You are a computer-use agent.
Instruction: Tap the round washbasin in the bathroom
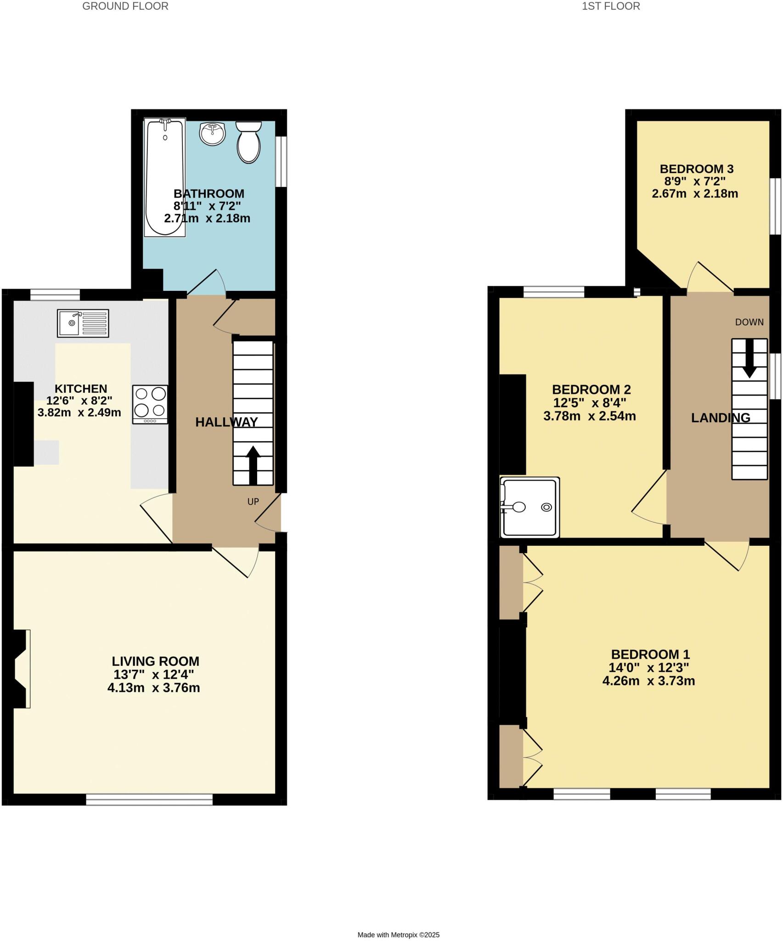(x=212, y=134)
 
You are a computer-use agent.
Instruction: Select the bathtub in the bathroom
(x=165, y=177)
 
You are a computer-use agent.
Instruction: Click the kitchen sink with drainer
(x=83, y=323)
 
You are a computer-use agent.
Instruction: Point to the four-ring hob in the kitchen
(x=150, y=404)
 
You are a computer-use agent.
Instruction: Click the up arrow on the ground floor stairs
(x=253, y=465)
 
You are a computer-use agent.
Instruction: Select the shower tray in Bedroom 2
(x=530, y=507)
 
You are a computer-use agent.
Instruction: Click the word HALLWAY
(x=226, y=422)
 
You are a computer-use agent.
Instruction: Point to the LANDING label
(x=721, y=418)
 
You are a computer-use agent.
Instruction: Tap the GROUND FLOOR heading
(x=125, y=6)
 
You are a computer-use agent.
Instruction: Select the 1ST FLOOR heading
(x=611, y=6)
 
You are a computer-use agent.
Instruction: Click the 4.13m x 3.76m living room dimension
(x=153, y=688)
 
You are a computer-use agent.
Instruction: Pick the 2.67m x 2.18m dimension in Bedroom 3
(x=695, y=193)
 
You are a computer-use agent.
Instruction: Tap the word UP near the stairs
(x=253, y=502)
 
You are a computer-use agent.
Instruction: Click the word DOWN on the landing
(x=749, y=322)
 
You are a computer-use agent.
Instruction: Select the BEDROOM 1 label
(x=650, y=654)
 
